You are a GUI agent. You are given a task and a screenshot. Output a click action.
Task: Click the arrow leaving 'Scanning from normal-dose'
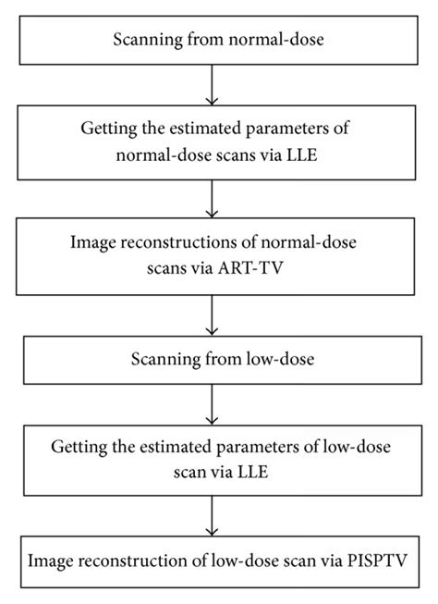pyautogui.click(x=213, y=84)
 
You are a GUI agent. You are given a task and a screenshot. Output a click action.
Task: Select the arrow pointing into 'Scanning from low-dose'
pyautogui.click(x=213, y=317)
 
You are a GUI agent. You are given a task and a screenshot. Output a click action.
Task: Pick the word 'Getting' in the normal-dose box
pyautogui.click(x=107, y=129)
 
